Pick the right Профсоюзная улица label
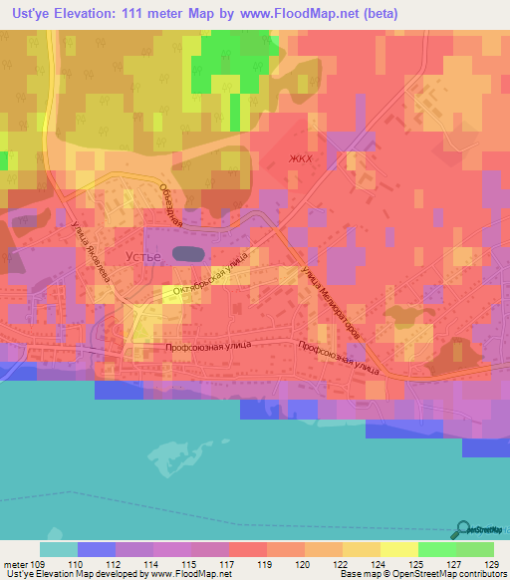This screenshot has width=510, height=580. (339, 358)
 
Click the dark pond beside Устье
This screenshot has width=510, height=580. (185, 254)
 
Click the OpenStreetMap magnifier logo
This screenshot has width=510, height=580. (462, 530)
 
